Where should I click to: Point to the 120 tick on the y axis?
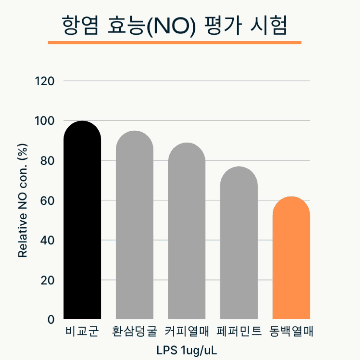[45, 81]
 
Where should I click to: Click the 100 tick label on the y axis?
[45, 121]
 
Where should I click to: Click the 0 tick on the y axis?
[51, 320]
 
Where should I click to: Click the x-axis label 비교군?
[82, 332]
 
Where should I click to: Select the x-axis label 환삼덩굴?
[134, 332]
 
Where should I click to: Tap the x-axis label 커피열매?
[187, 332]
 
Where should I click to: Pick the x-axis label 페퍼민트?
[239, 332]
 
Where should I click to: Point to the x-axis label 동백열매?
[291, 332]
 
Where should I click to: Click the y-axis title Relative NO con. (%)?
[23, 200]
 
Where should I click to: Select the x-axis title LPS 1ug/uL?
[187, 351]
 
